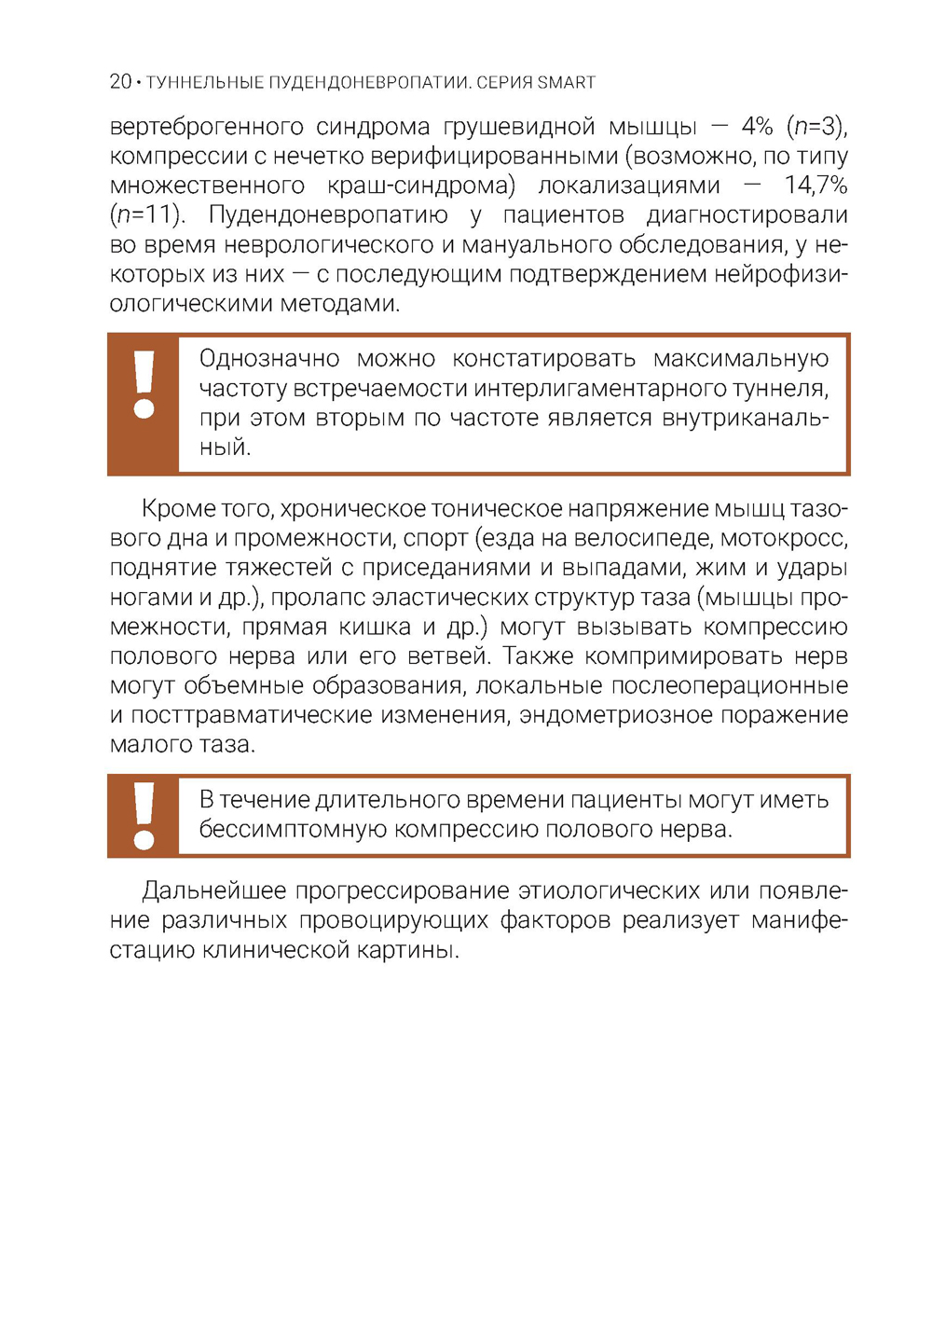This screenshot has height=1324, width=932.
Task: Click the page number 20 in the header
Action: coord(120,82)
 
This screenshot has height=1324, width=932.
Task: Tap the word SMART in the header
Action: coord(566,82)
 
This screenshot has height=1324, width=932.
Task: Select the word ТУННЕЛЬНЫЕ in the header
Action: coord(205,82)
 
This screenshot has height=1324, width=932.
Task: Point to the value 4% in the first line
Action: coord(757,126)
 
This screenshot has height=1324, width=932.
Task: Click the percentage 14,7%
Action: coord(815,185)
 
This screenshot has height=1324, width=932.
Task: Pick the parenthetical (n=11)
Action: coord(147,214)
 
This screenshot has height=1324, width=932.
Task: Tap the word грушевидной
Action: coord(518,126)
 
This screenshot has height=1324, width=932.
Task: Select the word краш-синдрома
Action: coord(421,185)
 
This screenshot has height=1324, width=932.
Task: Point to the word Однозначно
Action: coord(269,358)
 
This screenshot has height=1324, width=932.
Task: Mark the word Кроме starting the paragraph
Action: coord(179,508)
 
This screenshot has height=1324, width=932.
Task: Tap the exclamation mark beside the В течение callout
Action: coord(144,815)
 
